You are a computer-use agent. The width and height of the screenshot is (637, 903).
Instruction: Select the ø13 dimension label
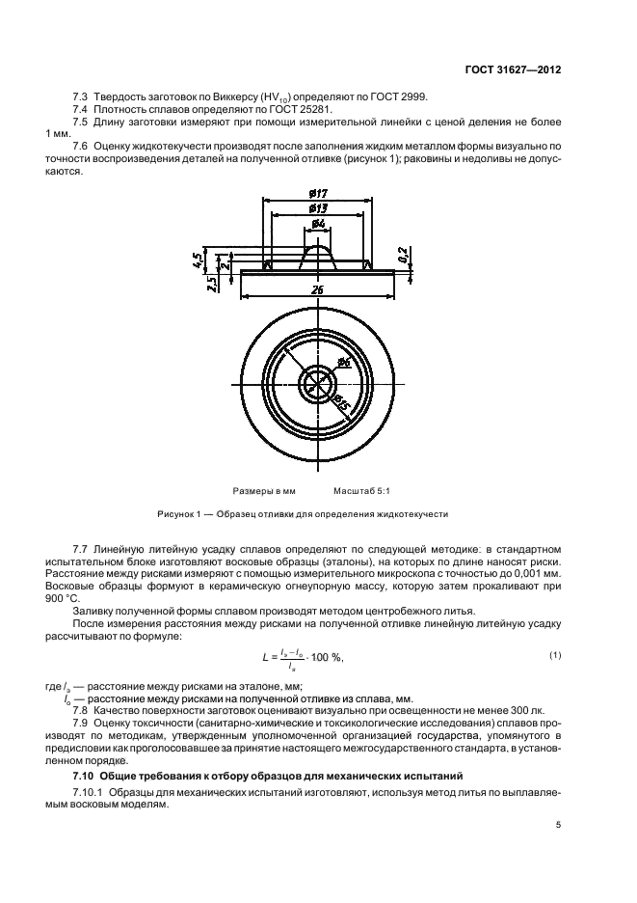(317, 207)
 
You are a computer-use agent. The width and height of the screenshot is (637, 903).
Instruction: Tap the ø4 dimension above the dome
(317, 224)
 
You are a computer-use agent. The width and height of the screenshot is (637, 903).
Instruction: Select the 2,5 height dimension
(212, 283)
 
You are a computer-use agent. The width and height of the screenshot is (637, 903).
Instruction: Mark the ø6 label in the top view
(344, 363)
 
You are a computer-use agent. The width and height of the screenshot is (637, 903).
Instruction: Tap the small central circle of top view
(317, 384)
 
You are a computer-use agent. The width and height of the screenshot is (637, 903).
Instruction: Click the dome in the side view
(317, 256)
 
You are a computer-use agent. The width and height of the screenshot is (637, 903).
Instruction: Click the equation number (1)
(555, 656)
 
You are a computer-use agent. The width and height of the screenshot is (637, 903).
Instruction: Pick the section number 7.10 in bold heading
(87, 775)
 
